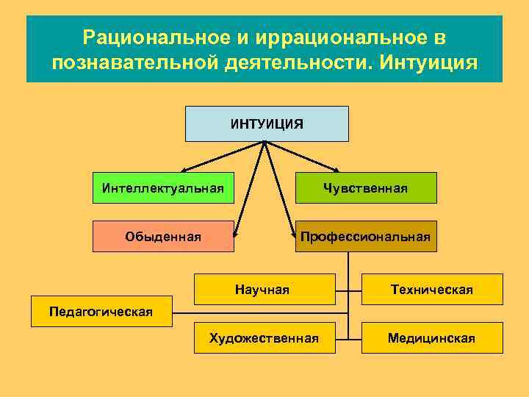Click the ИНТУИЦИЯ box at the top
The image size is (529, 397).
(x=266, y=124)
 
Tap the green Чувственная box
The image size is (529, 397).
(x=365, y=187)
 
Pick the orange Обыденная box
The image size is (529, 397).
(x=163, y=236)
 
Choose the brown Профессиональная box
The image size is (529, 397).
(x=365, y=236)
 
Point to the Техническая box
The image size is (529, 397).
(x=432, y=289)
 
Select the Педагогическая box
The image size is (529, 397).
(x=101, y=311)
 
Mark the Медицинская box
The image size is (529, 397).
(x=432, y=337)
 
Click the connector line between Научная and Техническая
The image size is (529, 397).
(x=348, y=289)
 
